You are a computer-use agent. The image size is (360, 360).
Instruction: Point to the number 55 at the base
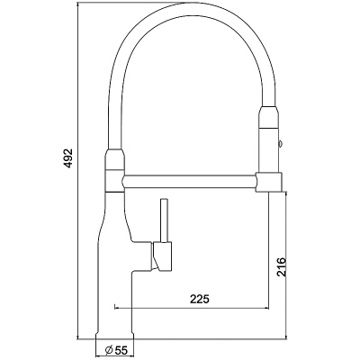coord(121,349)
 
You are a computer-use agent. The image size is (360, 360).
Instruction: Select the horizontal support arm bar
coord(189,180)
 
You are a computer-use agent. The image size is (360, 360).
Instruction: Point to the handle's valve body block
coord(162,256)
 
